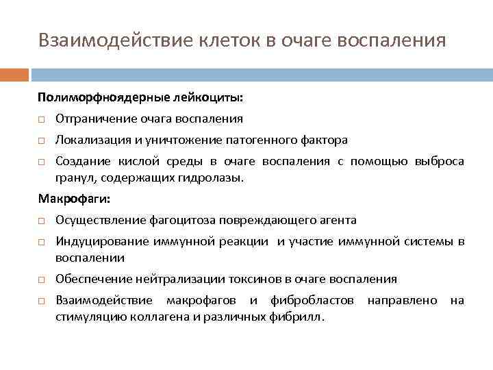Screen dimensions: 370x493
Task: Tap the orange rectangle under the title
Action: tap(14, 74)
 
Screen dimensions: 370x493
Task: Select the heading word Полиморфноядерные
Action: tap(84, 98)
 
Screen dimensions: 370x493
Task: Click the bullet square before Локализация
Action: tap(42, 140)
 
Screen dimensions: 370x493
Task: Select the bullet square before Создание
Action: tap(42, 162)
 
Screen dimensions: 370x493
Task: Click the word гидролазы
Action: tap(216, 177)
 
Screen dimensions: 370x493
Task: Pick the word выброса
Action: tap(439, 162)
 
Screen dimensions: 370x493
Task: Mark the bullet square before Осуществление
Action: tap(42, 221)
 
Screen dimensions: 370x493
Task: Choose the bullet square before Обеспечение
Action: tap(42, 280)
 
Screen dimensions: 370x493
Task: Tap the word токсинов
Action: tap(249, 279)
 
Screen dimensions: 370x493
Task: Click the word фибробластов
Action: tap(312, 300)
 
